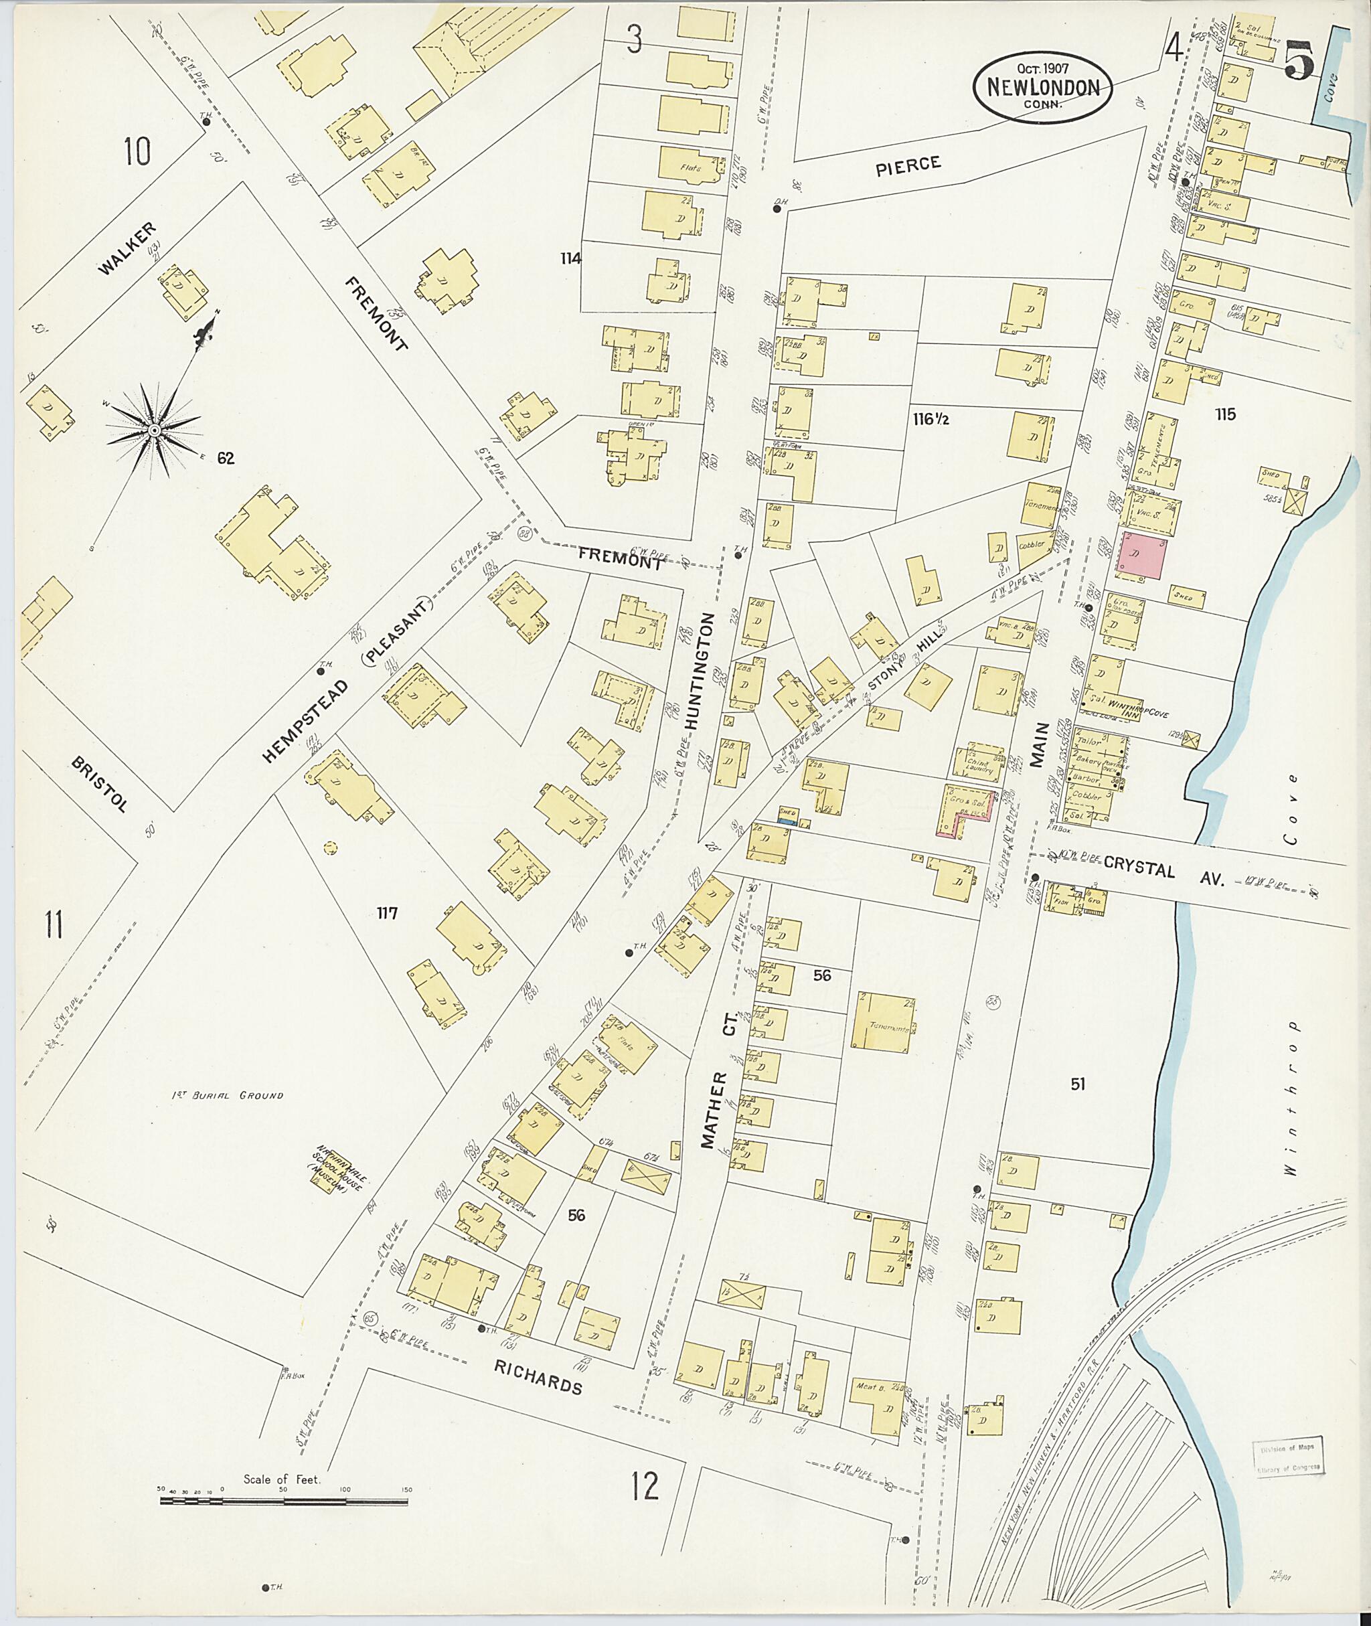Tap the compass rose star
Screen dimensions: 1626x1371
[155, 430]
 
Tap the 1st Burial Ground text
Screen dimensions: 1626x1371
[228, 1096]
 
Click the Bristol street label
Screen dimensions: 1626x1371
[98, 785]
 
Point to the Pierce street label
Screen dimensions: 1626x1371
[908, 165]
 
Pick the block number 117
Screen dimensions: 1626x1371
[386, 913]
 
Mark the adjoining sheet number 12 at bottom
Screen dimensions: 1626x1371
[645, 1486]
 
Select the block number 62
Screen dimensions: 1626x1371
[226, 459]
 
